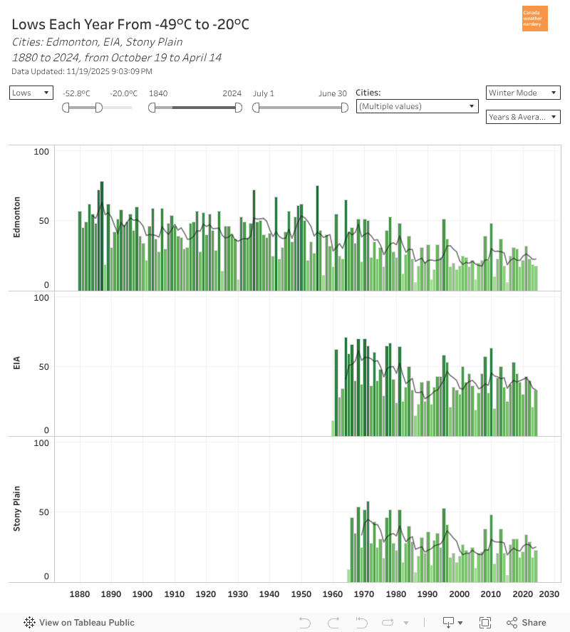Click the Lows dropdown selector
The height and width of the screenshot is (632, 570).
tap(31, 93)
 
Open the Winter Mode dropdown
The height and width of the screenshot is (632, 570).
tap(523, 93)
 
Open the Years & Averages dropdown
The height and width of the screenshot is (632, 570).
tap(523, 117)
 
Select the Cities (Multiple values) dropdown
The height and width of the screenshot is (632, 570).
tap(417, 106)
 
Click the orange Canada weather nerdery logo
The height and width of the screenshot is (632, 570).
tap(535, 19)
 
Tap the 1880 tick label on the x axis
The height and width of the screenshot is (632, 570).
tap(80, 594)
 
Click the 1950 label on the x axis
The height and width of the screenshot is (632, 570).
tap(301, 594)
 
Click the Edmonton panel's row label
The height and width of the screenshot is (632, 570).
tap(17, 217)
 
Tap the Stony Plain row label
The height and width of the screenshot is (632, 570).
tap(17, 509)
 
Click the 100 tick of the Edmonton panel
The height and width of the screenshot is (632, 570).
tap(41, 151)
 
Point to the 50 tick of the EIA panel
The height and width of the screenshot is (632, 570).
tap(43, 366)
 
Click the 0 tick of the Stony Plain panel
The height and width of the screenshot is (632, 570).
tap(46, 576)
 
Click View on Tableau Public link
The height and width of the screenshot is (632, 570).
tap(79, 623)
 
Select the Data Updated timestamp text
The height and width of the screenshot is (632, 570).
tap(82, 71)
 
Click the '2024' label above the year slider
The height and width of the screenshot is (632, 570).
tap(232, 93)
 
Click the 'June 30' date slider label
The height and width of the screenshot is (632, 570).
tap(333, 93)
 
